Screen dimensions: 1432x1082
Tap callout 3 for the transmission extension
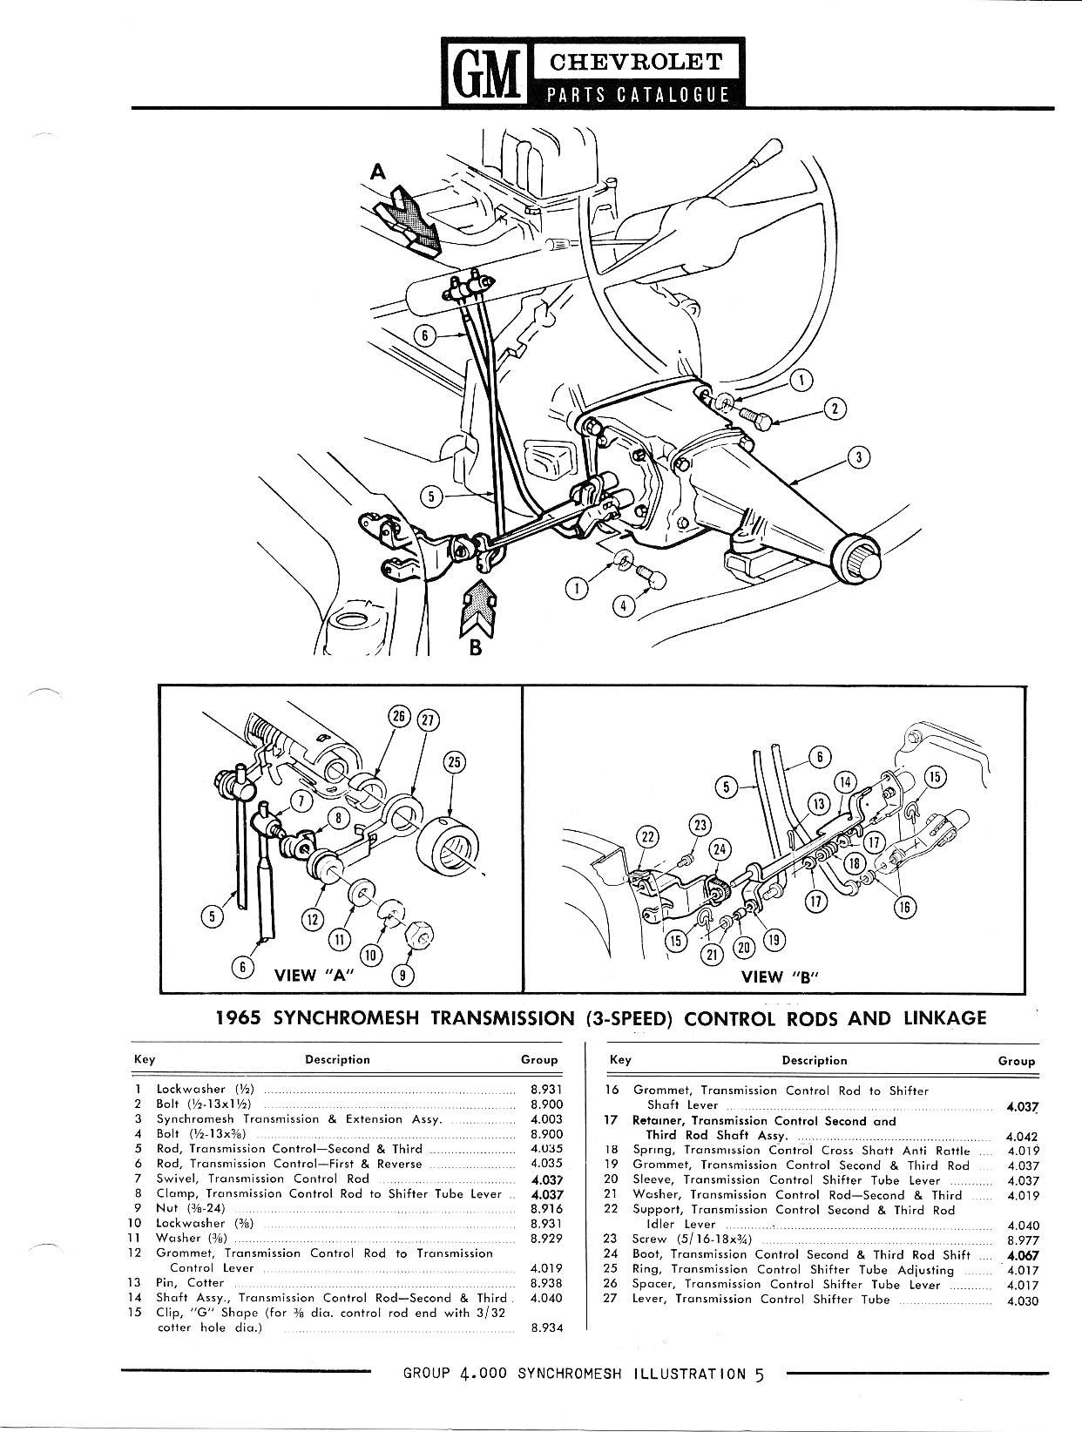859,456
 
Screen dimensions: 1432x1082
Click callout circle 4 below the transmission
623,605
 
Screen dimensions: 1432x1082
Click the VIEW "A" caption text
308,976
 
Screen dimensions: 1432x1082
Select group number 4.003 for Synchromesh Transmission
545,1119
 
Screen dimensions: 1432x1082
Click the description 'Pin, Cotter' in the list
190,1282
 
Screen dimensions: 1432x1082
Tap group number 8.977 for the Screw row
1022,1240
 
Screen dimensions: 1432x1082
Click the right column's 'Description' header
814,1060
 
